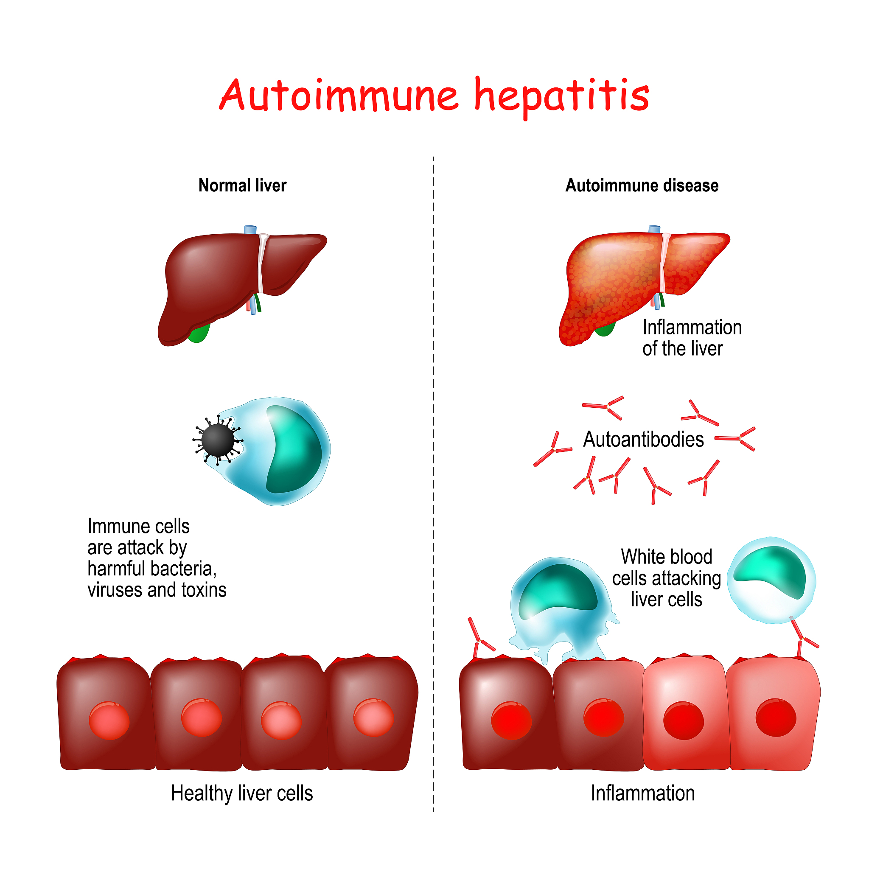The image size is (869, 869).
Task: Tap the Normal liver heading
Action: [x=242, y=185]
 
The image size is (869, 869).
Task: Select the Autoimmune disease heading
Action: [x=642, y=185]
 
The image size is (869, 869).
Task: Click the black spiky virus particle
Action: [x=218, y=440]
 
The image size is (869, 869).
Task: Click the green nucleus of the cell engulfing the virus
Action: [x=294, y=450]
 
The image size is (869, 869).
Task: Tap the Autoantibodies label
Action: [x=643, y=440]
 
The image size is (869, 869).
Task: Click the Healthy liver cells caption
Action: [x=242, y=793]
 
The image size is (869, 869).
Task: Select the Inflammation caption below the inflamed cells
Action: [x=643, y=793]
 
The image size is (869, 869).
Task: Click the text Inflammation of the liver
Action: [x=692, y=338]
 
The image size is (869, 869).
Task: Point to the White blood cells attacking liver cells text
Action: [x=667, y=578]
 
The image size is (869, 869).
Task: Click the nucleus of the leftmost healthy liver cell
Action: [x=109, y=720]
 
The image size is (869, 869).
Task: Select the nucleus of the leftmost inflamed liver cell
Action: [x=511, y=720]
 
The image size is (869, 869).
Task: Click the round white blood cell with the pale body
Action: [x=771, y=580]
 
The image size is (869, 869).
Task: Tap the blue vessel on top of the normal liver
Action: [x=250, y=230]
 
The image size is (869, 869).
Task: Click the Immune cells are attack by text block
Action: [x=157, y=558]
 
